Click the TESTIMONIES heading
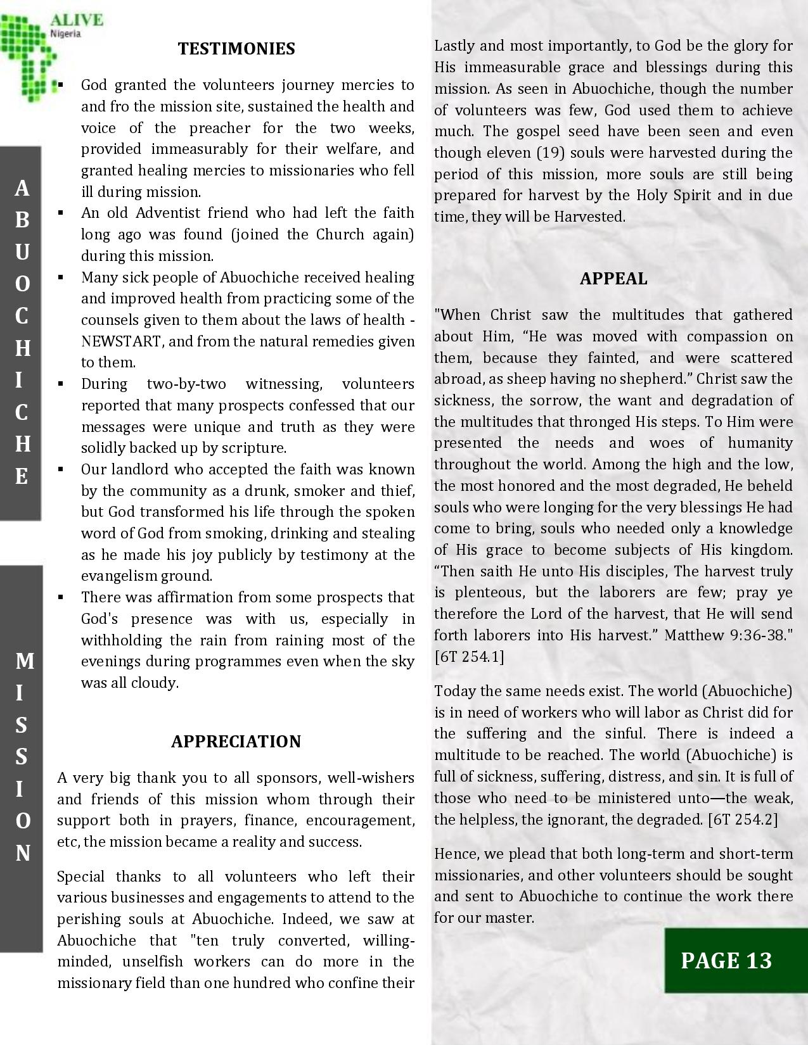pos(236,49)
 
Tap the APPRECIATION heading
pos(236,742)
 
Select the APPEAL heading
pos(613,279)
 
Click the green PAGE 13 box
pos(726,960)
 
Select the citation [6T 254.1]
pos(469,656)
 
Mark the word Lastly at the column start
pos(454,46)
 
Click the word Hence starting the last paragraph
pos(454,854)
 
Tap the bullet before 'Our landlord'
pos(61,469)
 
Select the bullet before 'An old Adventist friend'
pos(61,213)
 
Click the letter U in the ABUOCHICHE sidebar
pos(22,251)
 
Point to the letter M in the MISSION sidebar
pos(24,661)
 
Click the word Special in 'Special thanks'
pos(80,877)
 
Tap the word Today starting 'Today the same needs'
pos(454,690)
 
